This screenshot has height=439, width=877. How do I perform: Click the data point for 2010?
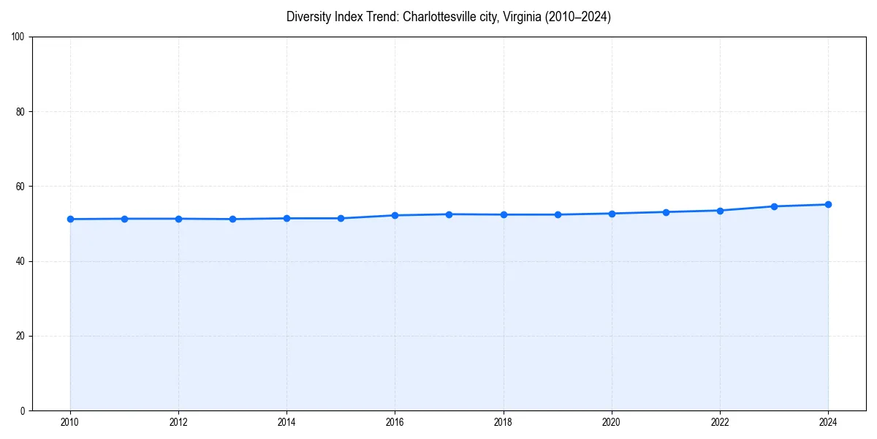click(70, 219)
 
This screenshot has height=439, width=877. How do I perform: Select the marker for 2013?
click(232, 219)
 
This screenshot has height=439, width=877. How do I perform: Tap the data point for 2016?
click(395, 215)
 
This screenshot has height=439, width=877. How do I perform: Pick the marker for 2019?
click(558, 214)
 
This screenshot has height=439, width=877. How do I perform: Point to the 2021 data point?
click(666, 212)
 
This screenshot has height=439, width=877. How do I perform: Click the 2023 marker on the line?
click(774, 206)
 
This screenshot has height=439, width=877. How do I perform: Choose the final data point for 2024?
click(828, 204)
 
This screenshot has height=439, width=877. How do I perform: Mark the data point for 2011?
click(124, 219)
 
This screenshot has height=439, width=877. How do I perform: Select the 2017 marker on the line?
click(449, 214)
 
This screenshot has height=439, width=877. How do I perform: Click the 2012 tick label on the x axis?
click(178, 422)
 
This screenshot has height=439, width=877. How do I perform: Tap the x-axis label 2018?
click(503, 422)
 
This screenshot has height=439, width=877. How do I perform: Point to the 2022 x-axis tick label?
click(720, 422)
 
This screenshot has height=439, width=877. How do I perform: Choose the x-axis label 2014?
click(286, 422)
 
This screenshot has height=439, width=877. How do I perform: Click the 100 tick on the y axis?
click(19, 37)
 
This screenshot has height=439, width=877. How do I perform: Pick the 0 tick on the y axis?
click(23, 410)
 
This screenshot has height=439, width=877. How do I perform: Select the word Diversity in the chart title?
click(307, 17)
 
